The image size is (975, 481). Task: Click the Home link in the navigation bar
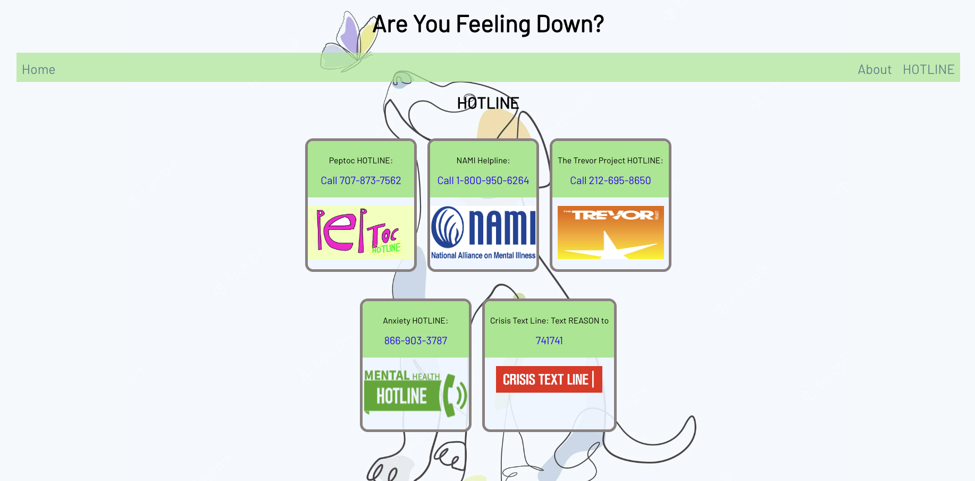click(x=38, y=70)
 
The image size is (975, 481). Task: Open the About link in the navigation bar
click(x=874, y=70)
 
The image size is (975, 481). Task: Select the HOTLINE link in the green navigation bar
click(x=928, y=70)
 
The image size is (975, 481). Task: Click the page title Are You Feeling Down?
click(x=488, y=24)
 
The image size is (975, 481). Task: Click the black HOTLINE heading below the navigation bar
click(x=488, y=103)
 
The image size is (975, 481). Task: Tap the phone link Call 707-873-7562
click(x=360, y=181)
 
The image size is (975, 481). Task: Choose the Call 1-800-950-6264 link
click(x=483, y=181)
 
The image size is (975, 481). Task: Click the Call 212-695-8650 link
click(x=610, y=181)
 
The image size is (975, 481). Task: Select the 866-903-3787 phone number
click(x=415, y=341)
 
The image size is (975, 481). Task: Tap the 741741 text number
click(x=549, y=341)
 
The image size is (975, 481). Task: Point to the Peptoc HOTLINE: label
click(x=360, y=161)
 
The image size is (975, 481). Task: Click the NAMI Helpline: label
click(x=483, y=161)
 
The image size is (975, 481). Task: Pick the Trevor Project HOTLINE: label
click(x=610, y=161)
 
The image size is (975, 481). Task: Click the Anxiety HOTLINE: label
click(x=415, y=321)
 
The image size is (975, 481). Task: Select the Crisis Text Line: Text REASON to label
click(x=549, y=321)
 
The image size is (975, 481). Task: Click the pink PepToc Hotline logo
click(x=360, y=233)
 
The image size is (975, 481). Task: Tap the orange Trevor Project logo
click(x=610, y=233)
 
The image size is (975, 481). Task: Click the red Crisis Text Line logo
click(x=549, y=379)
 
